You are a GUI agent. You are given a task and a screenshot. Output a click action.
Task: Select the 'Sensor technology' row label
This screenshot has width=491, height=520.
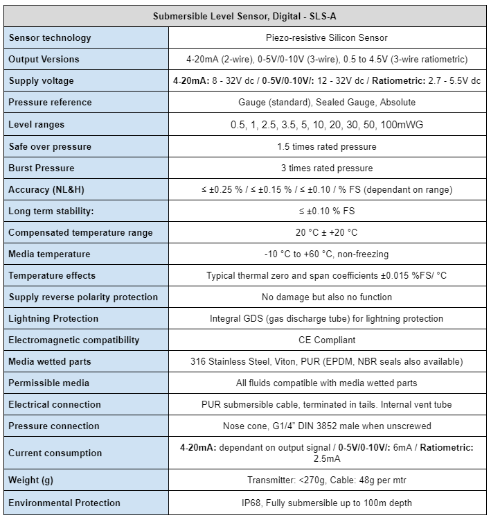(50, 37)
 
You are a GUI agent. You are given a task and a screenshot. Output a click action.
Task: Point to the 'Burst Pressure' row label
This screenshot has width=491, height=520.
(42, 168)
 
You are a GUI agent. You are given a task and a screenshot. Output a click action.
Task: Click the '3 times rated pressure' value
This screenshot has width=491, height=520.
(327, 168)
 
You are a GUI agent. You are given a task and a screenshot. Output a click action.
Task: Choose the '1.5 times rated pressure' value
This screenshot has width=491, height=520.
(327, 146)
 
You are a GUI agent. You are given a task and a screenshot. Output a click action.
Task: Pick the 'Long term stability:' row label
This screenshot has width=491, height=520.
(50, 211)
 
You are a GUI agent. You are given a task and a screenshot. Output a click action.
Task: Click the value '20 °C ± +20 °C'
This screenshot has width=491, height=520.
(327, 232)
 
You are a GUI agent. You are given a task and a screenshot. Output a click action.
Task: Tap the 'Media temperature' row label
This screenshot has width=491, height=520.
(49, 254)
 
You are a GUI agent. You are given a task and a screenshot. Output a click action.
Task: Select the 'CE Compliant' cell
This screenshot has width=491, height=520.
(327, 340)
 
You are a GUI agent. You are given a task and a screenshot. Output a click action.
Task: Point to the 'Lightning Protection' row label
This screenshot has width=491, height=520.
(53, 318)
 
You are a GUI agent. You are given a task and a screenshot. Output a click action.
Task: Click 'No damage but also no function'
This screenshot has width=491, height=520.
(327, 297)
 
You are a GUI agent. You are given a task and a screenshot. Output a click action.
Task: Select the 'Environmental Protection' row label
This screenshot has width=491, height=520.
(64, 503)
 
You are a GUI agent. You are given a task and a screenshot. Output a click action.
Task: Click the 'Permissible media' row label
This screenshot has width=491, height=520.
(48, 383)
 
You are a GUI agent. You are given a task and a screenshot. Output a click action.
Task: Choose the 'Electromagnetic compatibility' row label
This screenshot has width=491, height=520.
(74, 340)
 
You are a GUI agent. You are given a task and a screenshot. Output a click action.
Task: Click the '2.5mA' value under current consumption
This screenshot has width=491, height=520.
(327, 458)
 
